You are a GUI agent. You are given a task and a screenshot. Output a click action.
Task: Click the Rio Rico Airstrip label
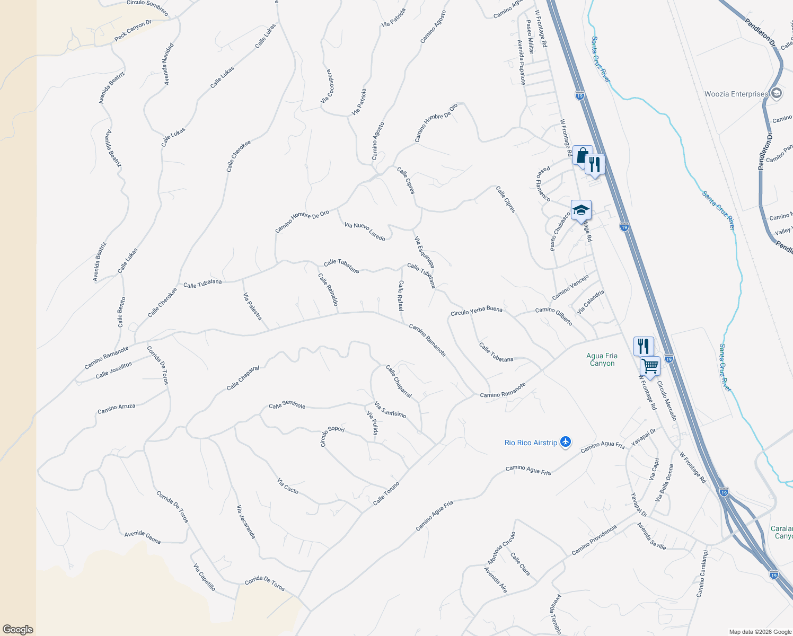click(531, 443)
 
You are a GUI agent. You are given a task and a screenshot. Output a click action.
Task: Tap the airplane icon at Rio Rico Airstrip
click(566, 442)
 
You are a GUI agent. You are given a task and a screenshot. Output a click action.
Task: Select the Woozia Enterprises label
click(736, 94)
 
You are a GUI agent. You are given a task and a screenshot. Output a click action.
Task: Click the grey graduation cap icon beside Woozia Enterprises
click(776, 94)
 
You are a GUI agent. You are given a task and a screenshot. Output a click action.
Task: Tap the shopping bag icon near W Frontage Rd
click(582, 156)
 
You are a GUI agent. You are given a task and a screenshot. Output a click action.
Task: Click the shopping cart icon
click(650, 366)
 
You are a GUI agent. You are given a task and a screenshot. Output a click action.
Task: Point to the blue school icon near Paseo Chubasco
click(581, 210)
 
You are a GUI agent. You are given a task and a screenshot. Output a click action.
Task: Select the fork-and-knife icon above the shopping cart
click(644, 346)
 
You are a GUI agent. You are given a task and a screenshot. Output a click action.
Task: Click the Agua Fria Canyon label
click(602, 359)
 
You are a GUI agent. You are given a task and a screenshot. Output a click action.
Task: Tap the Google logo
click(17, 630)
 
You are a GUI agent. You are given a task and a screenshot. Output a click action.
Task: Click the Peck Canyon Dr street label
click(133, 31)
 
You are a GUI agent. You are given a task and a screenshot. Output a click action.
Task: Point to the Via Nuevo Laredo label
click(365, 232)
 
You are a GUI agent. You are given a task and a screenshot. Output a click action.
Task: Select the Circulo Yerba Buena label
click(476, 311)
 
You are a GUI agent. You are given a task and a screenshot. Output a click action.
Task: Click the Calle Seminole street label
click(287, 405)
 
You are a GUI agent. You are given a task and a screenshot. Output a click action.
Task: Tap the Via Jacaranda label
click(246, 522)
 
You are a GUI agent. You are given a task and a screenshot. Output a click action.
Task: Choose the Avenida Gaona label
click(143, 537)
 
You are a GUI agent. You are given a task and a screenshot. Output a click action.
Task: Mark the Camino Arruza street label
click(116, 409)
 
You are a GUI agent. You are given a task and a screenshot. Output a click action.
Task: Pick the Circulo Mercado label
click(666, 401)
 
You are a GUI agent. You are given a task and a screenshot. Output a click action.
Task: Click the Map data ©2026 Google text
click(759, 632)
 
